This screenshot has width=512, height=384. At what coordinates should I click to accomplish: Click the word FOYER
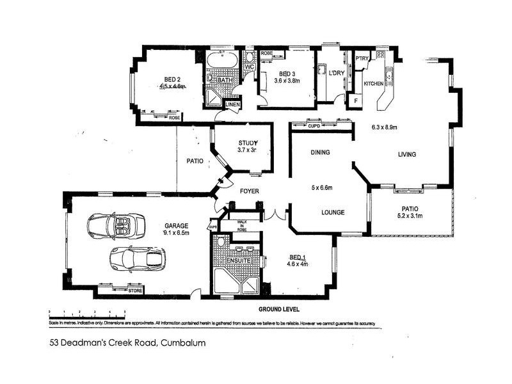pyautogui.click(x=249, y=191)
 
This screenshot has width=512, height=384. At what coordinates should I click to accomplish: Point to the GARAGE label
pyautogui.click(x=176, y=225)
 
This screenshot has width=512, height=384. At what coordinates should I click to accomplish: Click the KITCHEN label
pyautogui.click(x=373, y=84)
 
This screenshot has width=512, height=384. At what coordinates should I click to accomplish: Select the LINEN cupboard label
pyautogui.click(x=232, y=104)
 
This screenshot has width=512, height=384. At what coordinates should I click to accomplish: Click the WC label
pyautogui.click(x=249, y=66)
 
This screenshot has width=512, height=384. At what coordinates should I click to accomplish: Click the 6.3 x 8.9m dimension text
pyautogui.click(x=384, y=127)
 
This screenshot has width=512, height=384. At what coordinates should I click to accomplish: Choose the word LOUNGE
pyautogui.click(x=333, y=212)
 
